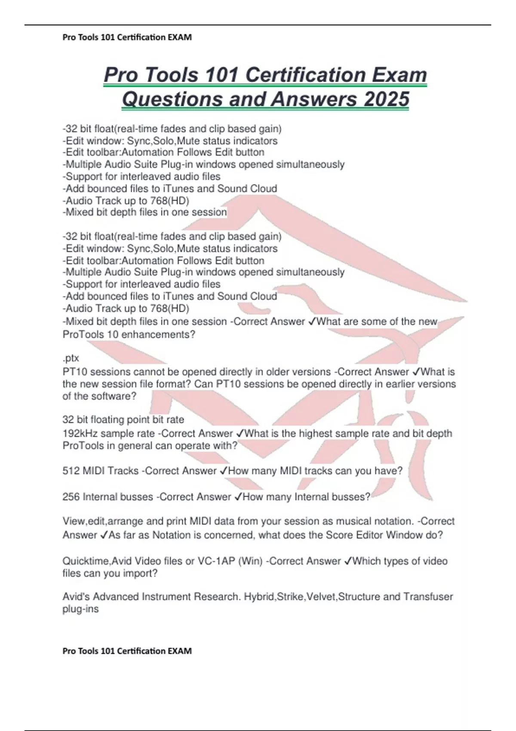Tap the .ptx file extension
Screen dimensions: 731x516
[71, 358]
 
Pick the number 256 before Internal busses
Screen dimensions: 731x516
[71, 497]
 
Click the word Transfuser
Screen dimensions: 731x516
[428, 597]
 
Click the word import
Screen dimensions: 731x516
[140, 574]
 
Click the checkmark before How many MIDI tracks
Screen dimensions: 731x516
[223, 471]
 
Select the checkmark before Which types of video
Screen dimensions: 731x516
[348, 561]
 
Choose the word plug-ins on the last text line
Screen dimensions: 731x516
[80, 609]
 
